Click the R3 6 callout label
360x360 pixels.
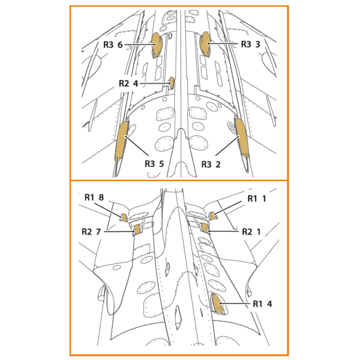113,44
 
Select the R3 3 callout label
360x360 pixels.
250,44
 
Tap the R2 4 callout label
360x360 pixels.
128,83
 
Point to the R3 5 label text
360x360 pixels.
154,164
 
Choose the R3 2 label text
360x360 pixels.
211,164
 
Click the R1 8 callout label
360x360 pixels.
94,197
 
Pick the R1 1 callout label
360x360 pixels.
257,199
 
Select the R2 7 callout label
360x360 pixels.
91,232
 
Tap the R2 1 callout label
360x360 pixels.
251,232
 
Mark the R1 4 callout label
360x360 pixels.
262,304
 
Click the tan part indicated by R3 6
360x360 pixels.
157,45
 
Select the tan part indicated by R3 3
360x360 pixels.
205,44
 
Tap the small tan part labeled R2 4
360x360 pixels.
172,83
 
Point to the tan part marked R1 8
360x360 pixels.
124,218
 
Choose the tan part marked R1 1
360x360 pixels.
212,216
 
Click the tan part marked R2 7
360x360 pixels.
137,230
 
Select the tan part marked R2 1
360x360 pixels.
205,227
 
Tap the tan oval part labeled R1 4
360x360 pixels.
217,304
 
